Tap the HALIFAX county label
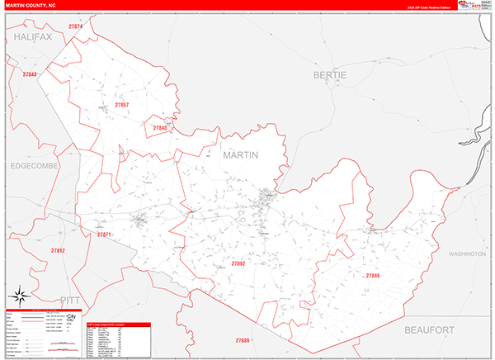click(x=32, y=37)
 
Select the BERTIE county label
click(x=331, y=75)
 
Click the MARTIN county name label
click(x=240, y=155)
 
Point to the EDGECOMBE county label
click(x=35, y=166)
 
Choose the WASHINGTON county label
click(x=468, y=254)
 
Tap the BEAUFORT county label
click(x=430, y=330)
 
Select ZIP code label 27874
click(x=76, y=27)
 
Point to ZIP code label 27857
click(x=122, y=105)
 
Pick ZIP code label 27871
click(x=104, y=235)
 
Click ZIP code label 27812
click(x=58, y=250)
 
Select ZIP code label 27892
click(x=238, y=263)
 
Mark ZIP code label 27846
click(x=373, y=275)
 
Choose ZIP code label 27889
click(x=243, y=340)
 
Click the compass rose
click(x=21, y=296)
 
